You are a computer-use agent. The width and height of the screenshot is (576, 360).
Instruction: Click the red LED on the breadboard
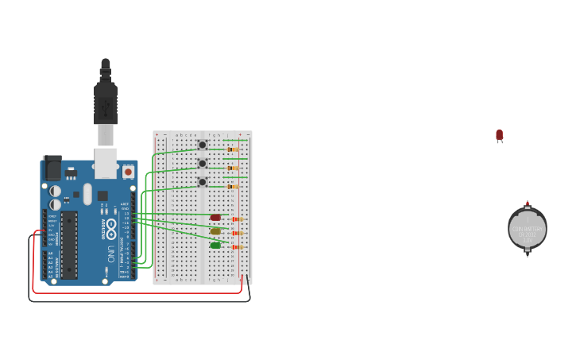215,217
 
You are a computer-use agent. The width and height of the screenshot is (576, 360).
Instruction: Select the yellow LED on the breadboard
215,231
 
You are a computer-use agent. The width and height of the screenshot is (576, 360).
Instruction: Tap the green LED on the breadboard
215,246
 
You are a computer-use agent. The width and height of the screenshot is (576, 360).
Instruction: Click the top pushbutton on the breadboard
203,145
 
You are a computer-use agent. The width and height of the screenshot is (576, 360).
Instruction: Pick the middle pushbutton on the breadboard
203,163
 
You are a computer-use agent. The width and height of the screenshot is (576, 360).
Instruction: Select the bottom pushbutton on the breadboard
203,182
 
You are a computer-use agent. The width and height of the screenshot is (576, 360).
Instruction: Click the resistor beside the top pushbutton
232,149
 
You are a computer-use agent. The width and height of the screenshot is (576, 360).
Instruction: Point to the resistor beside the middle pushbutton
232,168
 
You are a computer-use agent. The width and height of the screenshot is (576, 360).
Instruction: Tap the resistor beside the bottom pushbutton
232,187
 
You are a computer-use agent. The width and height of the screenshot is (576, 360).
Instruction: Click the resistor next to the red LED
236,219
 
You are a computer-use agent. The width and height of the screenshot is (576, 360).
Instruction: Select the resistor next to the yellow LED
236,234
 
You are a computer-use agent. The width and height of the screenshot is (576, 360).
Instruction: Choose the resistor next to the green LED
236,247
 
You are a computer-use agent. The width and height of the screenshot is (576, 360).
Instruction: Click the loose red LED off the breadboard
499,135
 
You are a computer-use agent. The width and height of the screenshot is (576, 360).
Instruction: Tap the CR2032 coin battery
528,229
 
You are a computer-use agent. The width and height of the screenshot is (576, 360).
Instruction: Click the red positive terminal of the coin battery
528,203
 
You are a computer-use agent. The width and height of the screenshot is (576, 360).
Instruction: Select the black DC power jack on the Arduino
52,168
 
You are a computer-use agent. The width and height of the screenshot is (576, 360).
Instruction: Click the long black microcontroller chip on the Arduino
69,245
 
